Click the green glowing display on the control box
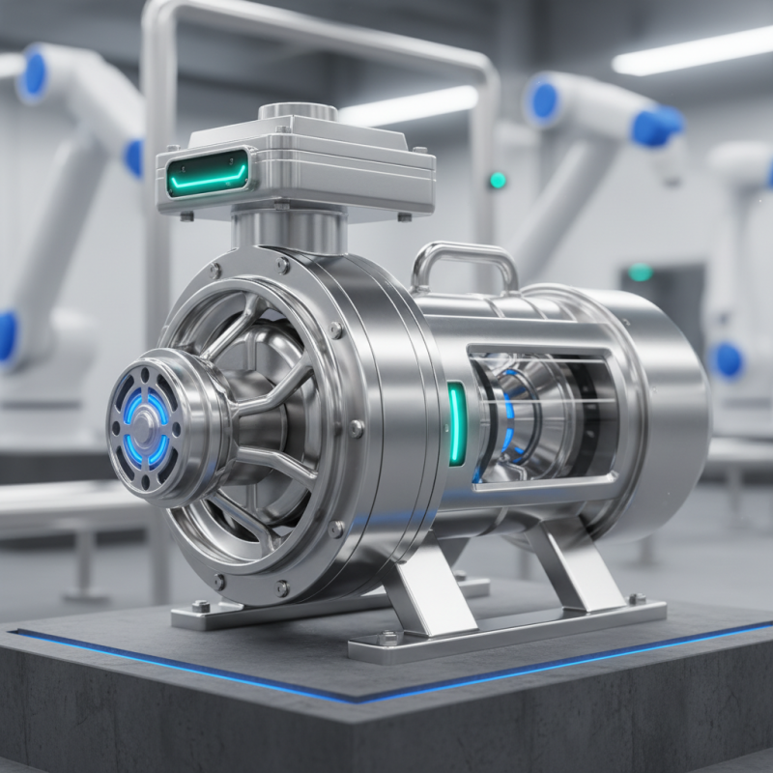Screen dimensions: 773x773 [x=208, y=173]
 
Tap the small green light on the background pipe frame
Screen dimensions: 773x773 [x=498, y=180]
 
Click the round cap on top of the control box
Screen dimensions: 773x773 [x=297, y=112]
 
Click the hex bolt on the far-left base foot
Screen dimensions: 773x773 [x=202, y=606]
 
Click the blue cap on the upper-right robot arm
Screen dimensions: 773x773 [x=657, y=126]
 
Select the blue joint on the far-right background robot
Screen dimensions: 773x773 [x=727, y=359]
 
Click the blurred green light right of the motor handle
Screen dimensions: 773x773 [x=640, y=272]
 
